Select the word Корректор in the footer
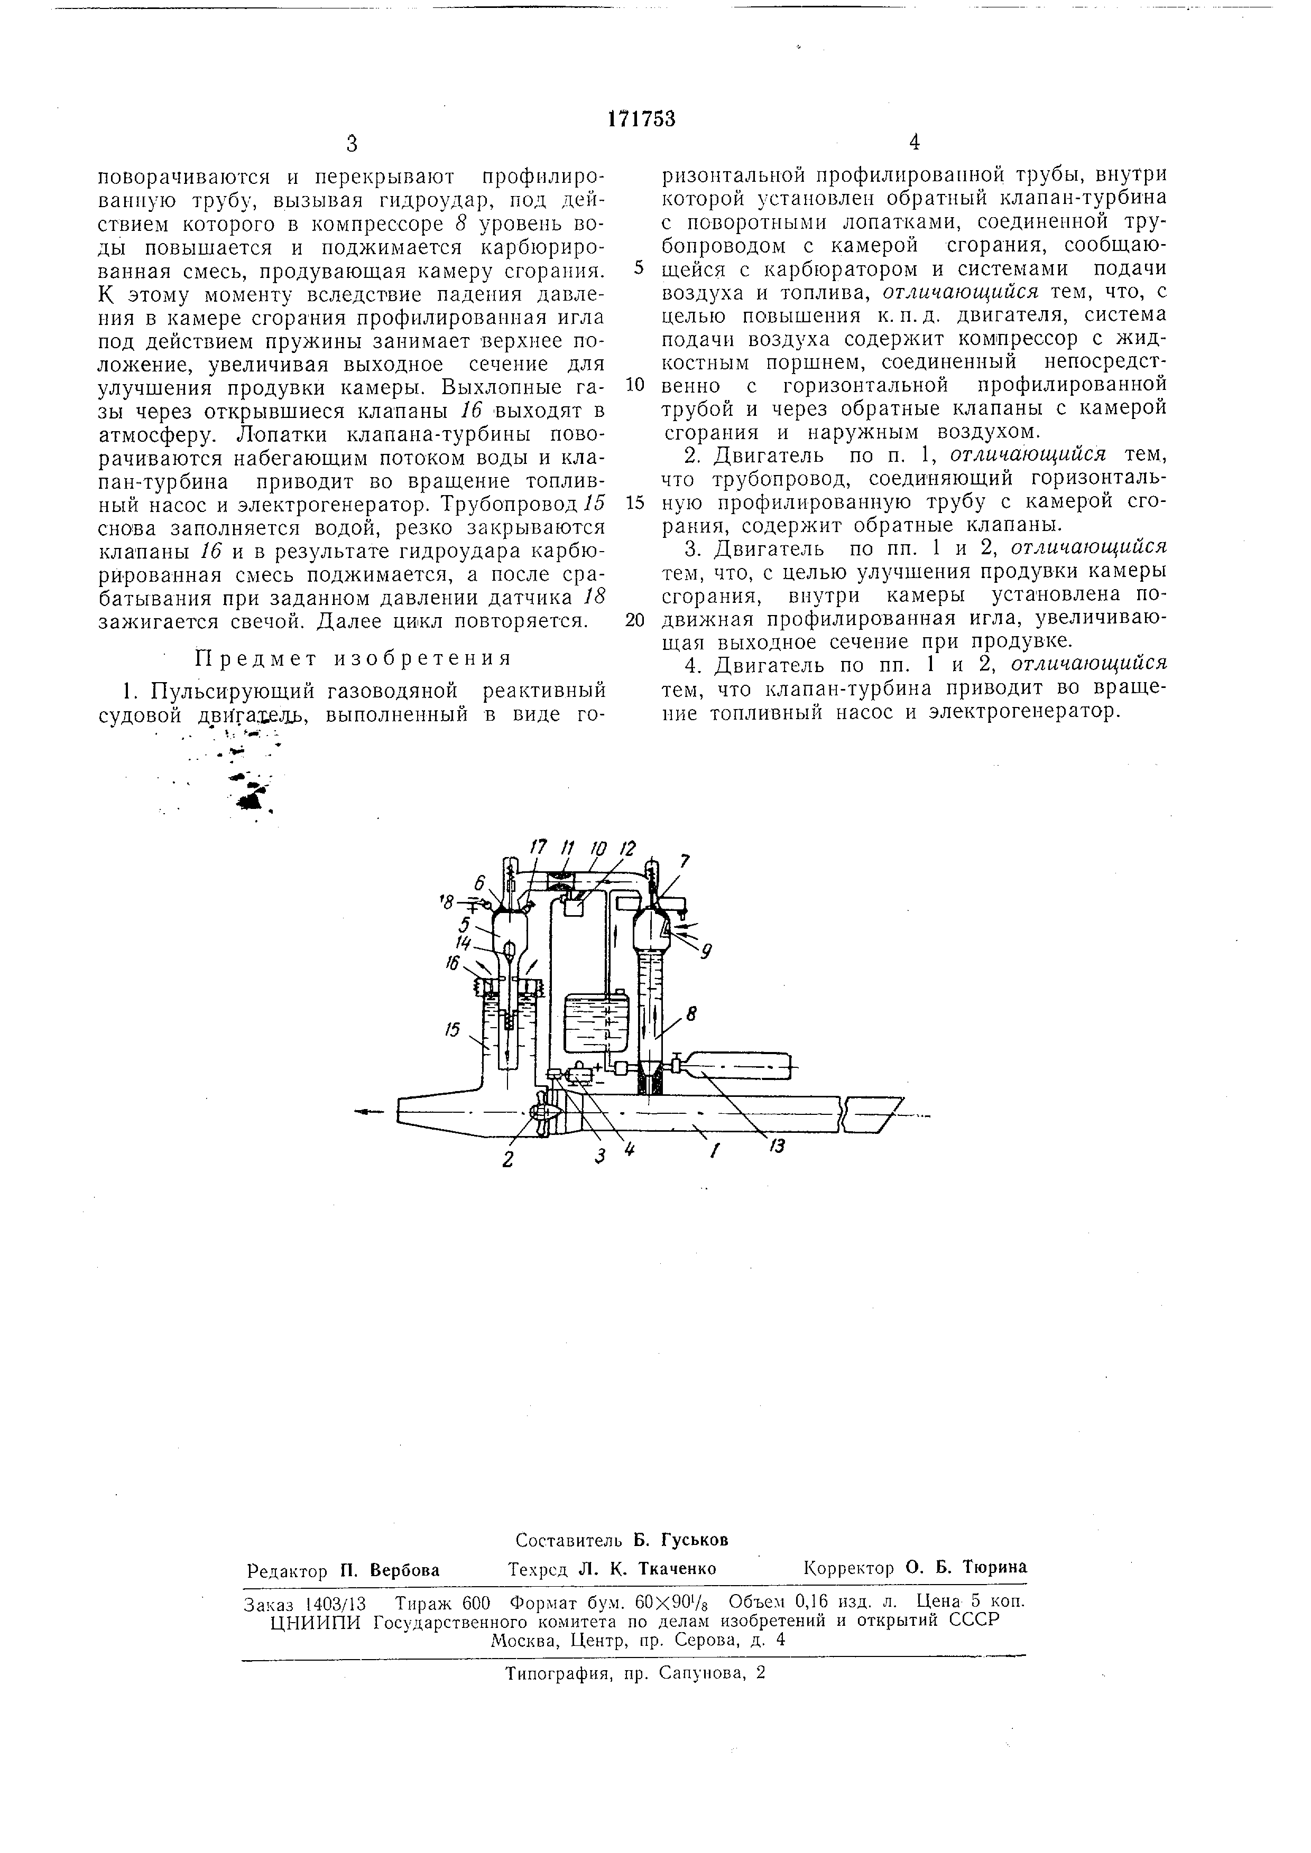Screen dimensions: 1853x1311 tap(850, 1568)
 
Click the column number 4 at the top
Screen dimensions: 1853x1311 tap(914, 143)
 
